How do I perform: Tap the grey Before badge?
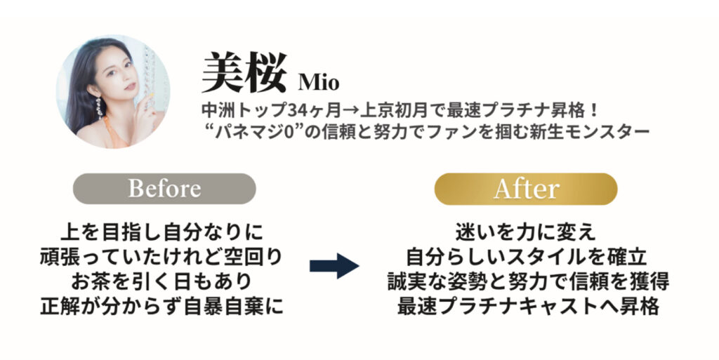(x=164, y=188)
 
